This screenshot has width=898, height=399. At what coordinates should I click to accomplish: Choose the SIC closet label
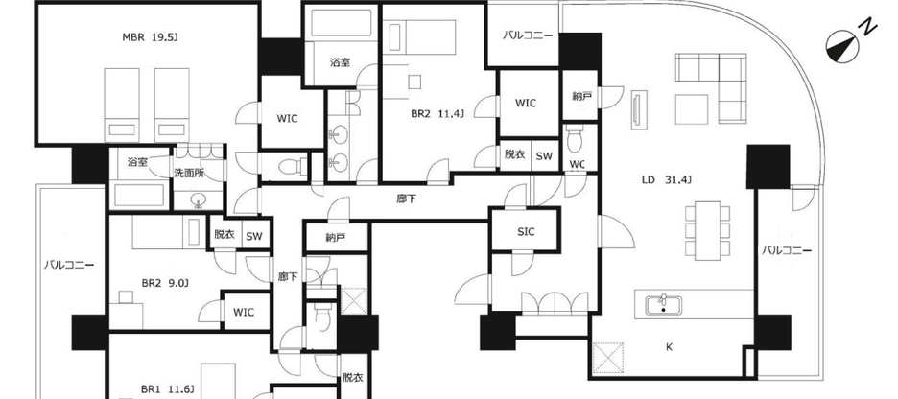pyautogui.click(x=526, y=230)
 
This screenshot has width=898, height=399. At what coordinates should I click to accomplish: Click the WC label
pyautogui.click(x=578, y=163)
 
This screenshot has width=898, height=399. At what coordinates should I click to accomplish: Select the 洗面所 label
pyautogui.click(x=188, y=173)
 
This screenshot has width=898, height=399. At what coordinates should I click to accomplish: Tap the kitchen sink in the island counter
pyautogui.click(x=662, y=306)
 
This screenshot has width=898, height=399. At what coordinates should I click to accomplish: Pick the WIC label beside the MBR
pyautogui.click(x=287, y=119)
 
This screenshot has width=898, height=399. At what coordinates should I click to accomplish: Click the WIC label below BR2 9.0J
pyautogui.click(x=244, y=312)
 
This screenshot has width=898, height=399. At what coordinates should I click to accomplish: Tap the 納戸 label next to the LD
pyautogui.click(x=580, y=95)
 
